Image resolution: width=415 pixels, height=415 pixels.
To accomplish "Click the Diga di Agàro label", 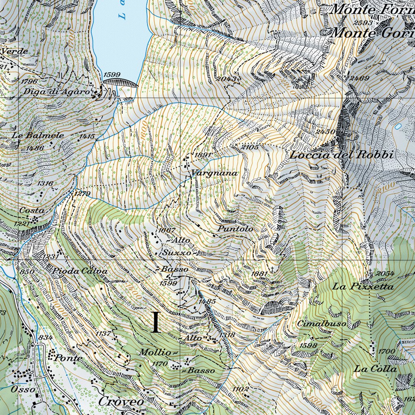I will click(56, 92).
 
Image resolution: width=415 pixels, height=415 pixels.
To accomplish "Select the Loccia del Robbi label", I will click(342, 155).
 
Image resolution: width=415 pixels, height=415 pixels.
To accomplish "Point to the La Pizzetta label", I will click(363, 287).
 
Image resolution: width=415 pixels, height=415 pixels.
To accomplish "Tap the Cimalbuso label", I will click(321, 324).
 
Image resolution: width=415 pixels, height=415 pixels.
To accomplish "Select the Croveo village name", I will click(121, 401).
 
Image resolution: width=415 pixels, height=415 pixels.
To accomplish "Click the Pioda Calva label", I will click(80, 271).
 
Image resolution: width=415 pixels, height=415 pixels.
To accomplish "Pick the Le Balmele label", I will click(38, 135).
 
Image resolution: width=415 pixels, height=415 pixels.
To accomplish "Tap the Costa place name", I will click(32, 211).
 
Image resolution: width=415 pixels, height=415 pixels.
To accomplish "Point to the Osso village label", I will click(24, 388).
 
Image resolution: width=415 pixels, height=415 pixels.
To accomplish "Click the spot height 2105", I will click(250, 147).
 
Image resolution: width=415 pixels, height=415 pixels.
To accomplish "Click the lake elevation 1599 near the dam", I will click(112, 75).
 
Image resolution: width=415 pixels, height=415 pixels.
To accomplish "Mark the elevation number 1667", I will click(167, 230).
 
